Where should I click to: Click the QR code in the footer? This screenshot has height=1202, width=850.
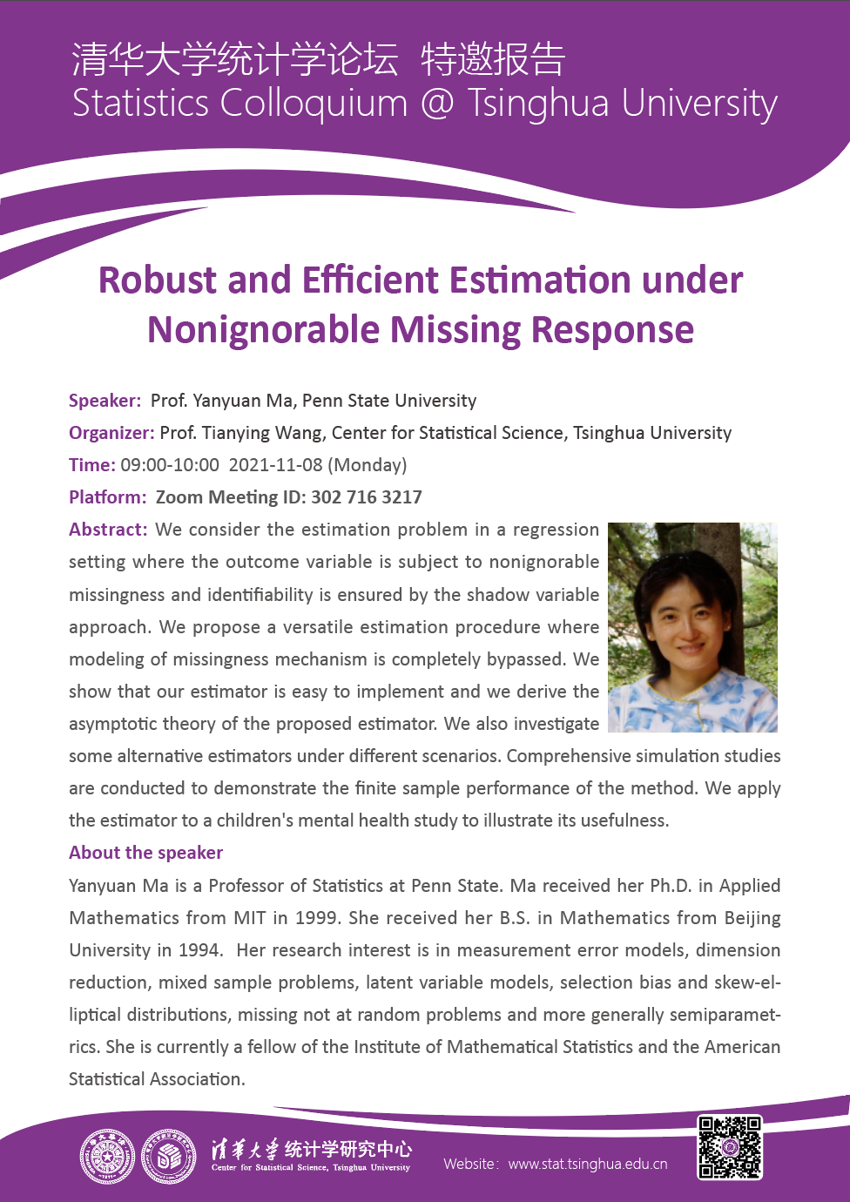click(730, 1147)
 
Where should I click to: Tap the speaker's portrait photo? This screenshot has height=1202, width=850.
click(692, 627)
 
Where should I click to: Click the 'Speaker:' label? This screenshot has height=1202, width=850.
click(105, 401)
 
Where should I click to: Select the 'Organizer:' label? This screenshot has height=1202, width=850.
click(111, 433)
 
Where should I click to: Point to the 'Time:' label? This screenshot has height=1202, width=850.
click(91, 465)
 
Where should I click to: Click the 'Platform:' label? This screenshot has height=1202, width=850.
click(108, 497)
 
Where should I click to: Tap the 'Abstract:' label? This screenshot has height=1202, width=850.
click(108, 530)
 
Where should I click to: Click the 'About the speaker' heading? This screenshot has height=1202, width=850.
click(145, 853)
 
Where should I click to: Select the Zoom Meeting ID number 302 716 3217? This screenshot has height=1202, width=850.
click(367, 497)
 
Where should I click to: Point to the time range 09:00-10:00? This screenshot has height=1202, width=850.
click(170, 465)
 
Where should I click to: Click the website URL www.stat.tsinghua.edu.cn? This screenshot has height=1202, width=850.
click(588, 1164)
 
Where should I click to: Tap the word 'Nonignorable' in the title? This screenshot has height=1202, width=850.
click(264, 330)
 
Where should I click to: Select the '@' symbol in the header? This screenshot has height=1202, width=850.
click(437, 104)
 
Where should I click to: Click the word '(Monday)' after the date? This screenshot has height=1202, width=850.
click(368, 465)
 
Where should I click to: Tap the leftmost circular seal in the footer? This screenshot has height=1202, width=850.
click(107, 1157)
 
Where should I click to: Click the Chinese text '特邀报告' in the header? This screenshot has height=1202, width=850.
click(493, 59)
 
